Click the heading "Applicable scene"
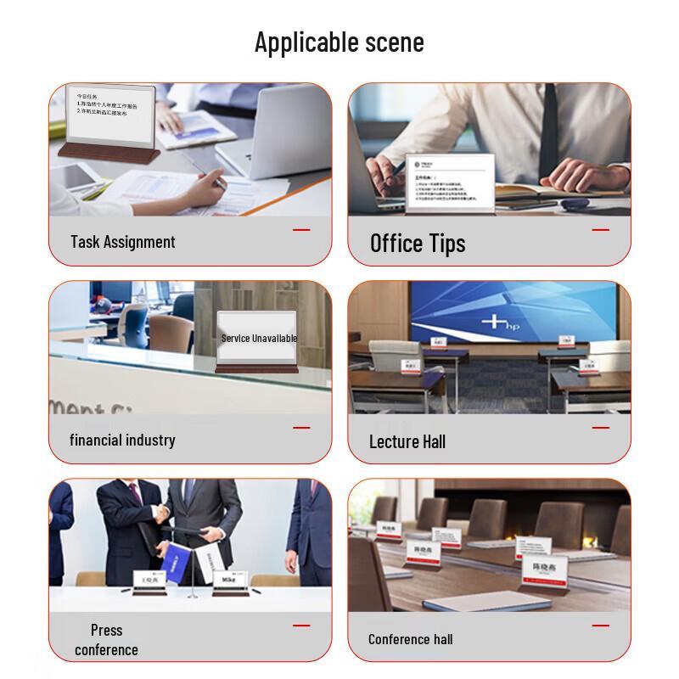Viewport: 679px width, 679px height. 339,42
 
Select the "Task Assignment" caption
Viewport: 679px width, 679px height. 123,242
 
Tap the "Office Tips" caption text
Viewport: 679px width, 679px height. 418,244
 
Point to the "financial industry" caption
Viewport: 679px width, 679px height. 122,440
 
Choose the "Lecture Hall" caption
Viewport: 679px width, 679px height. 407,441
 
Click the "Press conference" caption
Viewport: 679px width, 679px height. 106,640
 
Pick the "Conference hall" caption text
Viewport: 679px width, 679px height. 411,639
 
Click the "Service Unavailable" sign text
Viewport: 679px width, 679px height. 259,338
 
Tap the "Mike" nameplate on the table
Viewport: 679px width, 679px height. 228,581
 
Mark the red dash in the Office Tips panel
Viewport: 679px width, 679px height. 601,230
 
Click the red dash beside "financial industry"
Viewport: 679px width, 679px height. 301,428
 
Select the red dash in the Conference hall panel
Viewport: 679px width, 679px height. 601,626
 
